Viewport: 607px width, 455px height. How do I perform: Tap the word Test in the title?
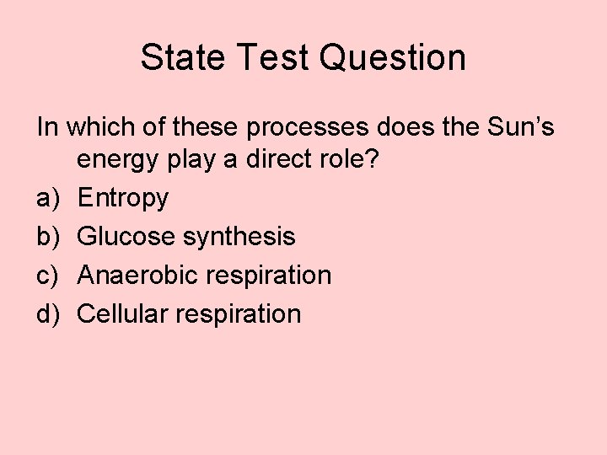click(259, 58)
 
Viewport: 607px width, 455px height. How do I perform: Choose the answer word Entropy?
click(123, 200)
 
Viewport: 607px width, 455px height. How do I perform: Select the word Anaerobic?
click(132, 276)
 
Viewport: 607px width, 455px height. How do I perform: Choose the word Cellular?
click(117, 314)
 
